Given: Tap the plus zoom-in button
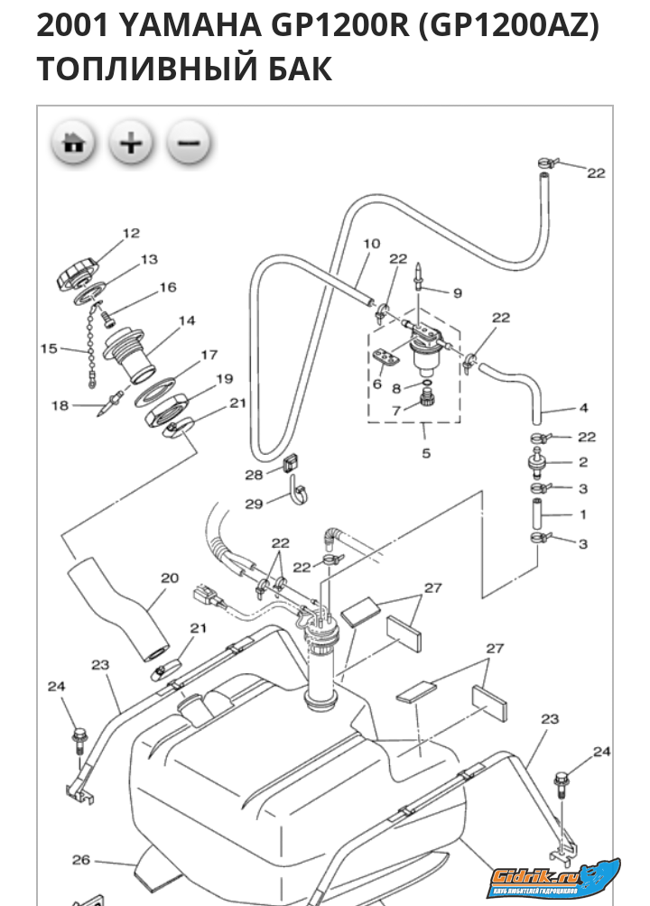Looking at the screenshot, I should pos(132,143).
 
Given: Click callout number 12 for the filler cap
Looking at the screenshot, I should pos(131,233).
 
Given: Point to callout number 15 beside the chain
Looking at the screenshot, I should pos(49,347).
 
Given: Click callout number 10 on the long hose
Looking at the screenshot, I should pos(372,244).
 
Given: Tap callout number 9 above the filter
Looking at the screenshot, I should pos(457,292).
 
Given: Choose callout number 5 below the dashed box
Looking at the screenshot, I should pos(426,453).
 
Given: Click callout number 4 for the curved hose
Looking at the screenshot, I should pos(583,407).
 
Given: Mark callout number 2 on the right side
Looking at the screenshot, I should pos(583,461).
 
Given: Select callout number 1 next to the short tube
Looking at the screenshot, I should pos(583,515).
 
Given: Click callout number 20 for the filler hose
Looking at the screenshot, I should pos(171,578).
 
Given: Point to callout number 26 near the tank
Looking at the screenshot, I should pos(81,859).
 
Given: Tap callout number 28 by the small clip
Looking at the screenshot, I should pos(253,474).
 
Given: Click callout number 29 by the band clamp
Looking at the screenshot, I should pos(255,504).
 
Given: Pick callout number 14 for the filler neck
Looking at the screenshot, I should pos(187,320).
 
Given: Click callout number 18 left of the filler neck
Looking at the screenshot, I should pos(60,406).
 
